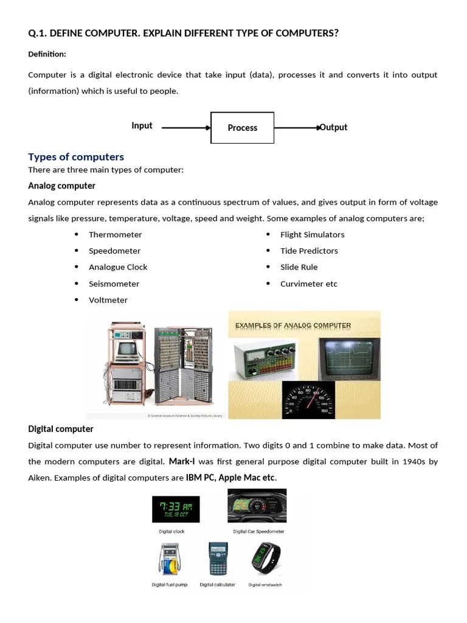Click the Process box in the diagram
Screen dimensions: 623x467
point(242,128)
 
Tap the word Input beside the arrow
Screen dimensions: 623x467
point(142,126)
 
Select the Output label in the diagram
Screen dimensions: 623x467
point(334,127)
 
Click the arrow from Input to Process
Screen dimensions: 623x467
point(186,128)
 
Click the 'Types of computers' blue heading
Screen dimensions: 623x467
point(76,157)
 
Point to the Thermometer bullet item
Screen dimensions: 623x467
point(115,235)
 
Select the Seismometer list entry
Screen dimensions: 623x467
point(114,284)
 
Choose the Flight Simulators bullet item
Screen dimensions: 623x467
point(312,235)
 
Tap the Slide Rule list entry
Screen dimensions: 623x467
point(299,267)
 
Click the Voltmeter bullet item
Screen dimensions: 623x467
point(108,300)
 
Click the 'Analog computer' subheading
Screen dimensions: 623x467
point(61,186)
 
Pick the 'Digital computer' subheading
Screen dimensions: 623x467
point(61,429)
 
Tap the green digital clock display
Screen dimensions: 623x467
point(176,509)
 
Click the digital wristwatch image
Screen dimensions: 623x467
point(266,559)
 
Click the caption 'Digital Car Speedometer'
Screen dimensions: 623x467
point(258,531)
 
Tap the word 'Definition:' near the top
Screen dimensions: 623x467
point(47,54)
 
